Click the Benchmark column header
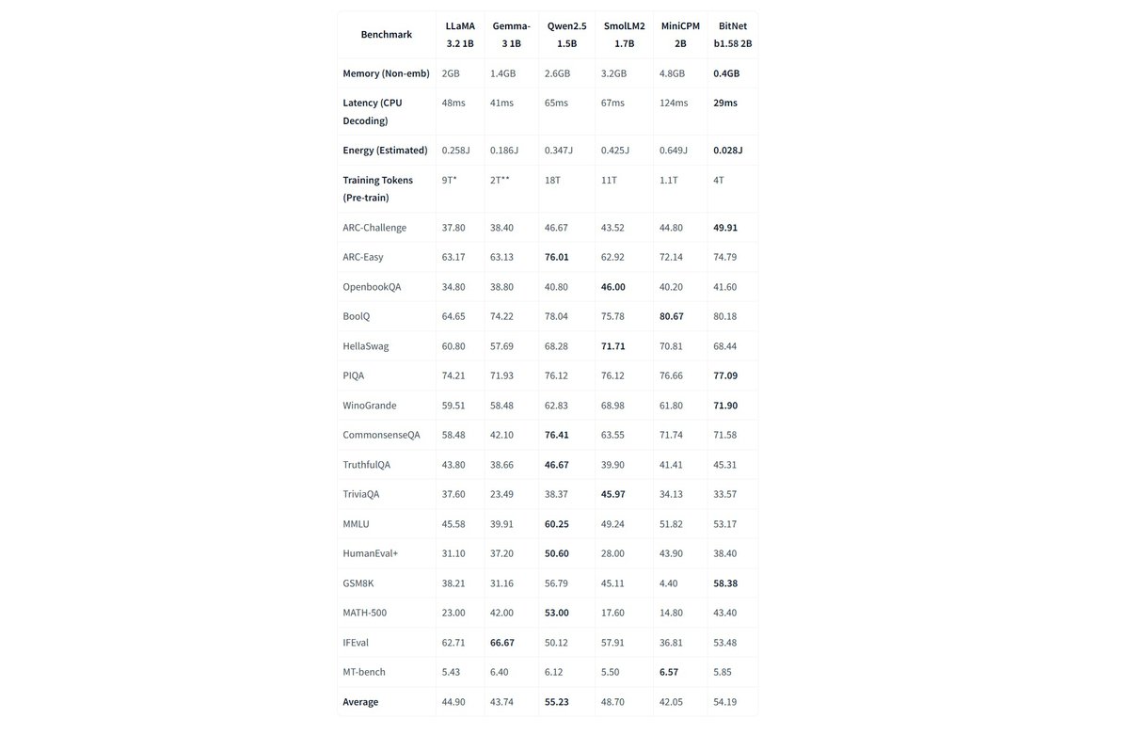point(386,35)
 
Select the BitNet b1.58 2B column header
point(732,35)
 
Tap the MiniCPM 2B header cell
point(680,35)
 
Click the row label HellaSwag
point(366,346)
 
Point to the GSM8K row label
point(359,583)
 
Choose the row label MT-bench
point(364,672)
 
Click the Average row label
point(360,702)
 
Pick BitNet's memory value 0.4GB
point(726,73)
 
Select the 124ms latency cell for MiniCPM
point(674,103)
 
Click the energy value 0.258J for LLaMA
point(456,151)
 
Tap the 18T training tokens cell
point(554,180)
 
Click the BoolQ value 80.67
point(673,316)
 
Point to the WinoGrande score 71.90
point(725,406)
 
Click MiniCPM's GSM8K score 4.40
point(670,583)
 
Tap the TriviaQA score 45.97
point(613,494)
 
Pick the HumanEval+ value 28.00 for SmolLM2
point(613,553)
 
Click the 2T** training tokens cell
point(501,180)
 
